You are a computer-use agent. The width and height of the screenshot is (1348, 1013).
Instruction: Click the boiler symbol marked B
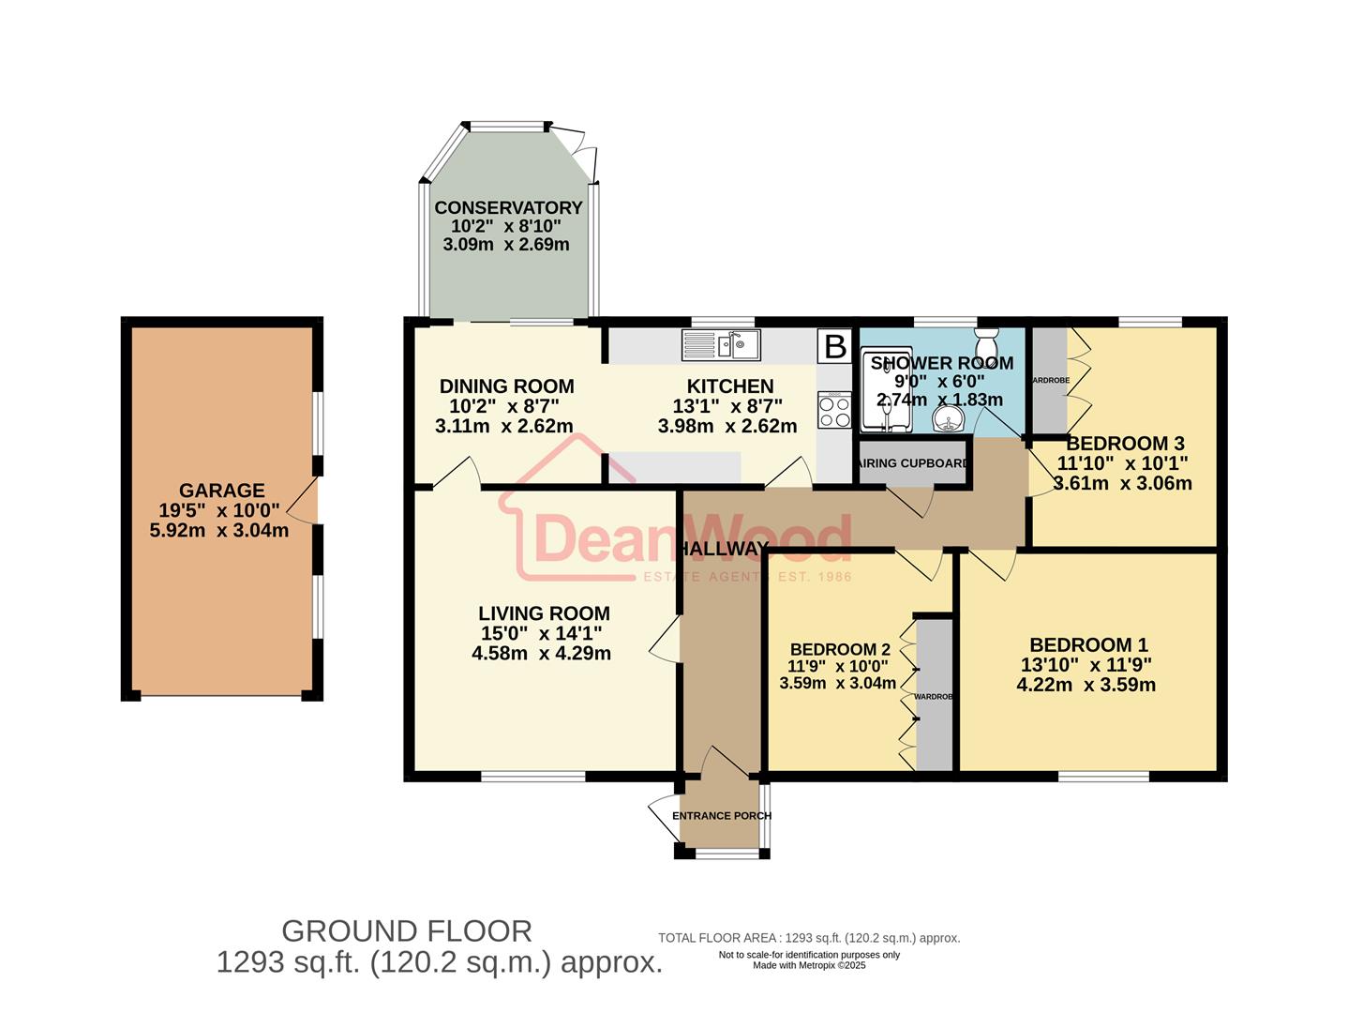click(x=834, y=346)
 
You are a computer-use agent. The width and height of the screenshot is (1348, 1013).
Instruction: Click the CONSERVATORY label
click(x=508, y=207)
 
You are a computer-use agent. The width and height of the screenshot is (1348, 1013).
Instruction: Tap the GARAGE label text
click(x=221, y=491)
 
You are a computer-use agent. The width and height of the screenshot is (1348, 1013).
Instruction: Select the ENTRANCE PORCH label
click(x=721, y=815)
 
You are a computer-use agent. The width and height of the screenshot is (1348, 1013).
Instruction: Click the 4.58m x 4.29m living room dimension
click(x=541, y=653)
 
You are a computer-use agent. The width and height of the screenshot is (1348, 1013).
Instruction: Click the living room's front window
click(x=532, y=776)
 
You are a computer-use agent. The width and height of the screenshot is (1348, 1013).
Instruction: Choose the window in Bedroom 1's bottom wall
click(x=1103, y=776)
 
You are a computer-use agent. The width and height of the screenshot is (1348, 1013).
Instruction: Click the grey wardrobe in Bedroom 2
click(x=934, y=694)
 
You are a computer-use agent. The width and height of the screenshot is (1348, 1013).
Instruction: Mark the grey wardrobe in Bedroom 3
click(x=1049, y=380)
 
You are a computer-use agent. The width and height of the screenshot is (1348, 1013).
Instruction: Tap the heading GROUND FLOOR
click(x=407, y=931)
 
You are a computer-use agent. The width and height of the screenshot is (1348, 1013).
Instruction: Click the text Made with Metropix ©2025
click(x=809, y=965)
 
